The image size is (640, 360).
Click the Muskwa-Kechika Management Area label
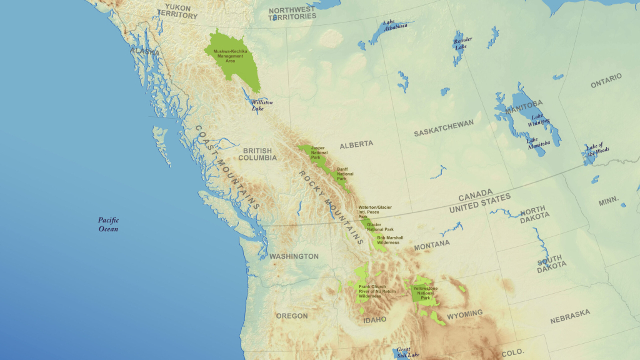point(227,56)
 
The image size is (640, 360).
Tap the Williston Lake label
point(261,105)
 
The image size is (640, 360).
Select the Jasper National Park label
point(319,152)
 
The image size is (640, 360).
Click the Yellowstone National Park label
point(426,293)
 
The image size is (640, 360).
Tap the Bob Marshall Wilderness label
point(390,240)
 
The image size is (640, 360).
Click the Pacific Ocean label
point(108,224)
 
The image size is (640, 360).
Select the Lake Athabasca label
point(396,26)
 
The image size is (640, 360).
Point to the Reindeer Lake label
point(463,43)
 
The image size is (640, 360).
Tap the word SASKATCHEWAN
point(444,128)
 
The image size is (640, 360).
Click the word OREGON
point(292,316)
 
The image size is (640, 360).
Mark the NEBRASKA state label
point(570,316)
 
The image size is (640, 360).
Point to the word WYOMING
point(464,313)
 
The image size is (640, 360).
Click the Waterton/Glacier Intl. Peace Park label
point(376,212)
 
